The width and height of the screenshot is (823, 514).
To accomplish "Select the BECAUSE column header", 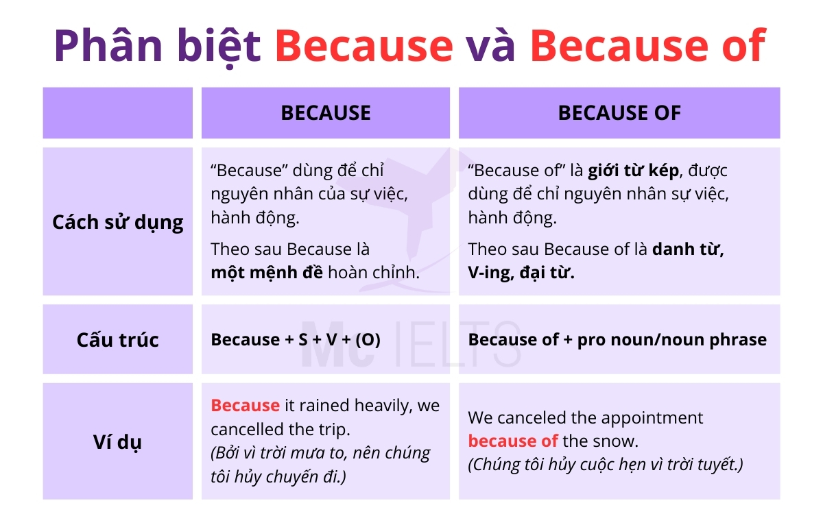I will tap(325, 113).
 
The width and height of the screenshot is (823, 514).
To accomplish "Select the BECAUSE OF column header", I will tap(619, 113).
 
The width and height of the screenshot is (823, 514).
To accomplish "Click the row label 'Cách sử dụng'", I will tap(117, 222).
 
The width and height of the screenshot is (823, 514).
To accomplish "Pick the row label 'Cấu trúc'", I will tap(117, 340).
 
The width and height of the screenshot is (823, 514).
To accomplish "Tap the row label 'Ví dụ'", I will tap(117, 442).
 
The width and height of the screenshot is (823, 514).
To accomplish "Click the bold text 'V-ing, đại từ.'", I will tap(521, 272).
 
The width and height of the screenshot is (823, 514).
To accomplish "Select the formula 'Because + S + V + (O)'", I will tap(296, 340).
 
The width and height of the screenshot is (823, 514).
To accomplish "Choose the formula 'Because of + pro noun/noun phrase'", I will tap(617, 340).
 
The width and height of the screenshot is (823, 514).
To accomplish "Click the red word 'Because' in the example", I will tap(245, 405).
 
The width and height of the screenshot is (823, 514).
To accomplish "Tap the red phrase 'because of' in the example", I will tap(512, 441).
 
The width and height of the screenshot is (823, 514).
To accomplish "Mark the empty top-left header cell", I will tap(117, 113).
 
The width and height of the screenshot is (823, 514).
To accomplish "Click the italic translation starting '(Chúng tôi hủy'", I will tap(606, 465).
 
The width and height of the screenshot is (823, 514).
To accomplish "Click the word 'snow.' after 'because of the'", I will tap(615, 441).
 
